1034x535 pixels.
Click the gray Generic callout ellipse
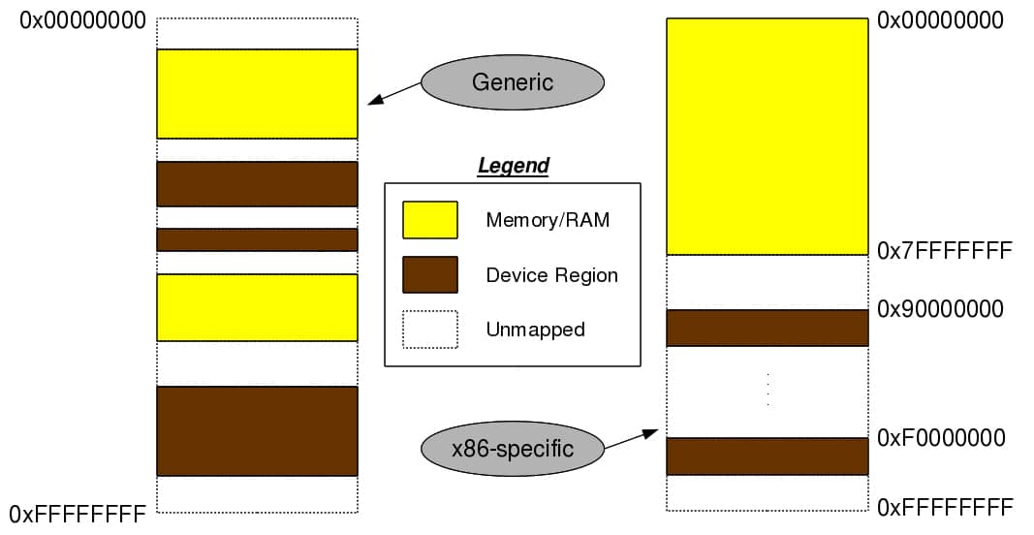[513, 82]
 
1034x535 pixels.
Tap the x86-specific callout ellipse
[513, 449]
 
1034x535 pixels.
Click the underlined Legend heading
[514, 166]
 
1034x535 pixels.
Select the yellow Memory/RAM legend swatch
[430, 220]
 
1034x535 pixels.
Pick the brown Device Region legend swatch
[430, 274]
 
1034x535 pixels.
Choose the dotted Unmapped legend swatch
[430, 329]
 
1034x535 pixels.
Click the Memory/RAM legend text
[548, 220]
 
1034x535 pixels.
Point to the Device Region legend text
[551, 275]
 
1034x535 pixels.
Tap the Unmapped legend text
[535, 330]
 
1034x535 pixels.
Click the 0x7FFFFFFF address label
[945, 252]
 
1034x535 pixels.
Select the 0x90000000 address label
[941, 309]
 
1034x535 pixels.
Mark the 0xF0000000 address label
[941, 438]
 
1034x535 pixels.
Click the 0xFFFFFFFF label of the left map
[78, 513]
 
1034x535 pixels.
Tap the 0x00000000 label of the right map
[941, 20]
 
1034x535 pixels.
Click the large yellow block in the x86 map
[767, 136]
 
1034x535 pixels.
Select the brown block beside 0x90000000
[767, 328]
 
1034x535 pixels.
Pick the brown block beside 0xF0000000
[767, 456]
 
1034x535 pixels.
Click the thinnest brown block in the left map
[257, 239]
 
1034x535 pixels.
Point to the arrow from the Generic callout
[393, 94]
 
